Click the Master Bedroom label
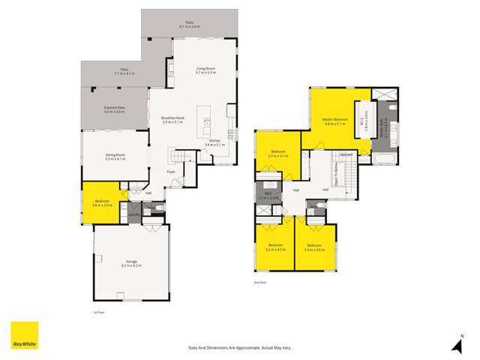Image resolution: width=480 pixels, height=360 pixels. [334, 121]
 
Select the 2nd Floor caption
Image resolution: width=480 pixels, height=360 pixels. [259, 282]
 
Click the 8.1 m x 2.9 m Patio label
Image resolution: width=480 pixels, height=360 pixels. [189, 25]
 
